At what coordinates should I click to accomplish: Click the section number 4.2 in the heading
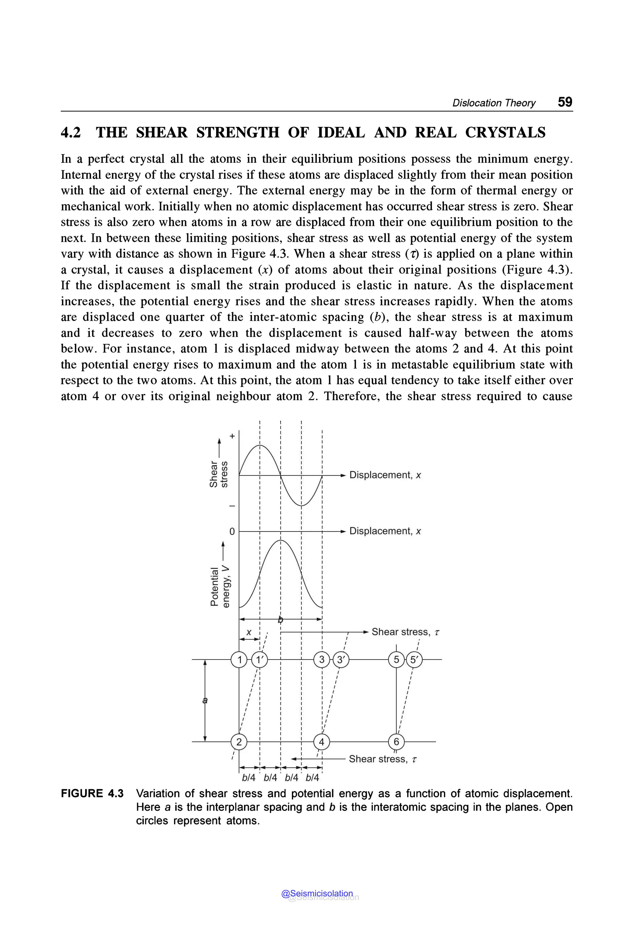pyautogui.click(x=71, y=132)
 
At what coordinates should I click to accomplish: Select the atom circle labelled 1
pyautogui.click(x=239, y=660)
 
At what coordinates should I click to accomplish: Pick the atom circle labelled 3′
pyautogui.click(x=342, y=660)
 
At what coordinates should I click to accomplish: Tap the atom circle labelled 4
pyautogui.click(x=322, y=742)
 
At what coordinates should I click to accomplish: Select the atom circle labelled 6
pyautogui.click(x=396, y=742)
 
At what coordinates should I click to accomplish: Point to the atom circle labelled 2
pyautogui.click(x=239, y=742)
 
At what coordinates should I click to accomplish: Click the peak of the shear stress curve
pyautogui.click(x=260, y=445)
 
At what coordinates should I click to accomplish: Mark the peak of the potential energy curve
pyautogui.click(x=280, y=540)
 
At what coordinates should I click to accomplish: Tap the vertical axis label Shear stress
pyautogui.click(x=218, y=474)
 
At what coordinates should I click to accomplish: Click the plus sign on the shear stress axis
pyautogui.click(x=232, y=436)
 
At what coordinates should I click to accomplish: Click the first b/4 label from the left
pyautogui.click(x=249, y=777)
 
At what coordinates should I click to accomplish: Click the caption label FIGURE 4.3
pyautogui.click(x=92, y=793)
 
